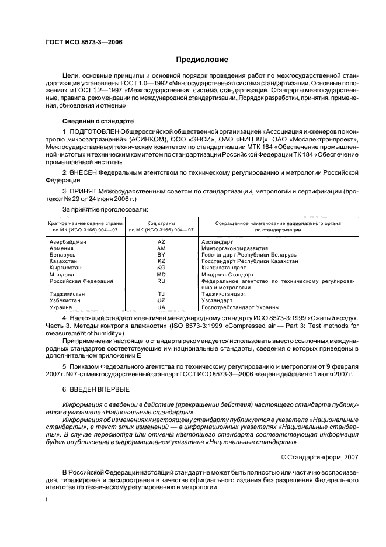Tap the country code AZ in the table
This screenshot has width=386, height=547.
(162, 241)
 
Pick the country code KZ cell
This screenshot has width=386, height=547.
(162, 261)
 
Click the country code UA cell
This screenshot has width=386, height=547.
(162, 307)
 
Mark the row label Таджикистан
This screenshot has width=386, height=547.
(67, 294)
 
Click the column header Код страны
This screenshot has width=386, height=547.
(161, 223)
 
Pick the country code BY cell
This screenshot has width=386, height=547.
(162, 255)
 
